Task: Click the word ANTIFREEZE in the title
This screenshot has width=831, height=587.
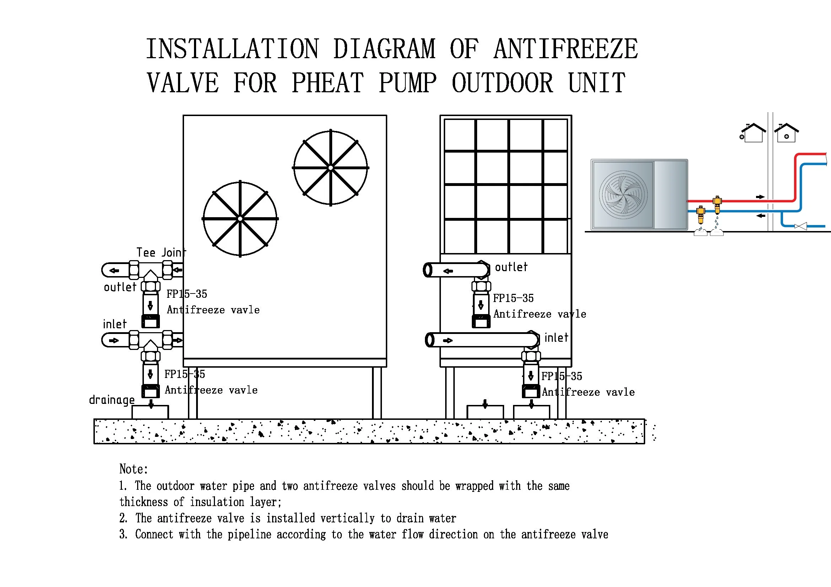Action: pos(565,49)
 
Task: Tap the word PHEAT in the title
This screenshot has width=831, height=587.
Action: pos(328,83)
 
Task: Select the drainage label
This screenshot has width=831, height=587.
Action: pos(112,400)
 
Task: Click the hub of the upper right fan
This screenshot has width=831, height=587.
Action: pos(330,168)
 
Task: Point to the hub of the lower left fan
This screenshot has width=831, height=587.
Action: pos(240,219)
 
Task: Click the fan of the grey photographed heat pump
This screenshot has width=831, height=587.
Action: pos(623,195)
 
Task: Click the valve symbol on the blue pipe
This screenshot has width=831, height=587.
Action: pos(800,226)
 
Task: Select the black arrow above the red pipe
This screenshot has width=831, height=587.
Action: pos(760,197)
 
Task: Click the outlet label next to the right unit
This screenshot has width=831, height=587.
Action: pos(511,267)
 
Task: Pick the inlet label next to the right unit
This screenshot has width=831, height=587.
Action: pos(556,338)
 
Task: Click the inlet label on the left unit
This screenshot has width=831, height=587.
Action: pos(115,324)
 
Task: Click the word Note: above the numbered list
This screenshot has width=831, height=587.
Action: pos(134,469)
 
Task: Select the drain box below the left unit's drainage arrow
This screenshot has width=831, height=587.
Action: pos(150,412)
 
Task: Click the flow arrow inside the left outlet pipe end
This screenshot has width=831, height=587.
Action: pos(114,270)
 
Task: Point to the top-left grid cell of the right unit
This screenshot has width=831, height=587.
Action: pos(459,135)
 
